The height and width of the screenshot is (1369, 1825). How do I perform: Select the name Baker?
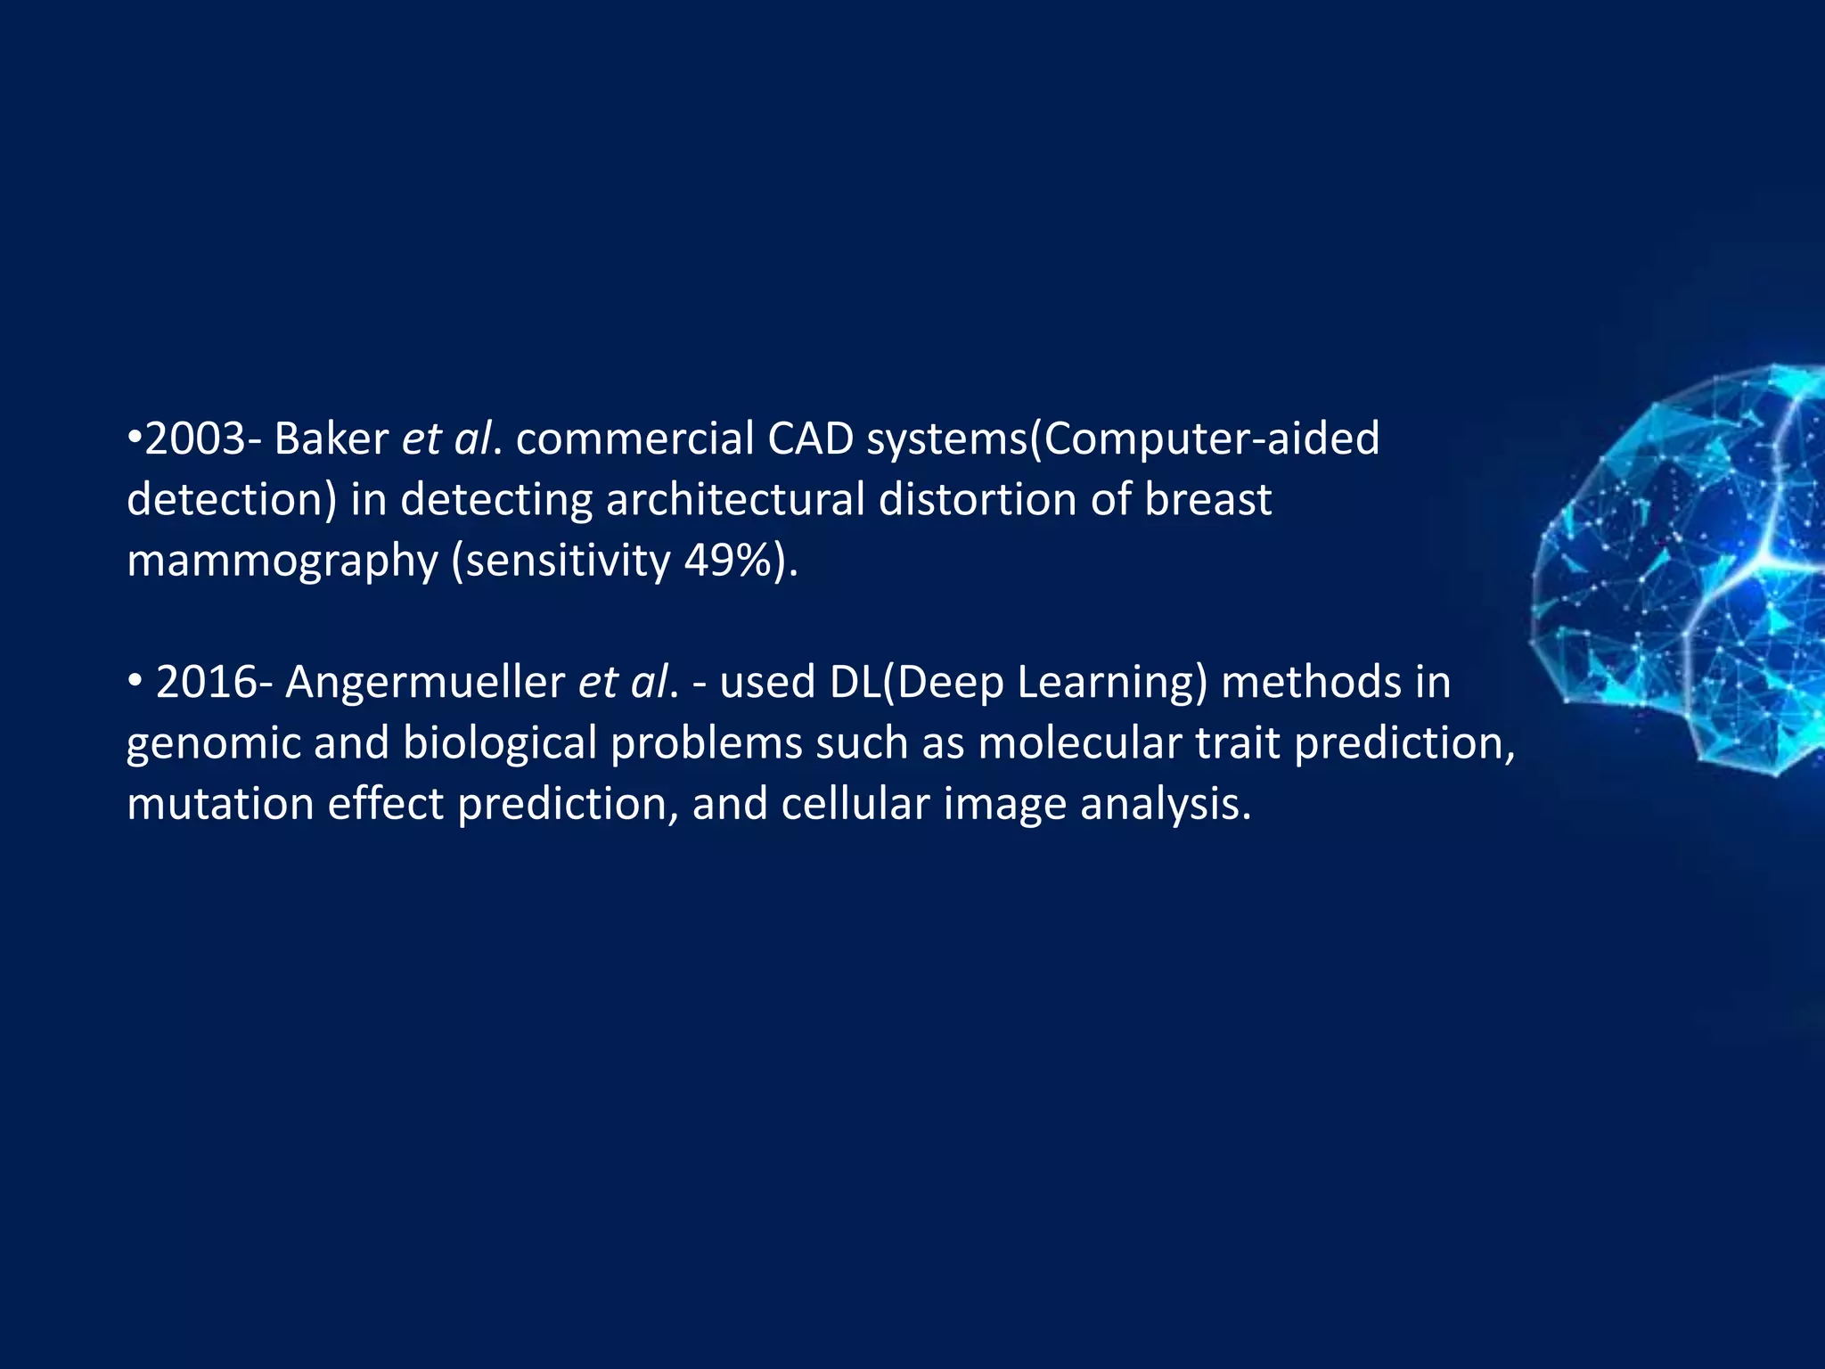pos(331,439)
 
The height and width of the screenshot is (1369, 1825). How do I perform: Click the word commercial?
pos(634,439)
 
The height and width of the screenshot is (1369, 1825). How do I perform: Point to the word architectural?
pos(735,499)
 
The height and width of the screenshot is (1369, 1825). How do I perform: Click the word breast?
pos(1207,499)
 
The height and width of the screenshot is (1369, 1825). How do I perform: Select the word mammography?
pos(282,562)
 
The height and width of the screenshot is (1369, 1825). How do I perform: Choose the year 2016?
pos(209,683)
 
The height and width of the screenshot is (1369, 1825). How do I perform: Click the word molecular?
pos(1079,743)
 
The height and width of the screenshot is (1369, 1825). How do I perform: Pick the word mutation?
pos(220,804)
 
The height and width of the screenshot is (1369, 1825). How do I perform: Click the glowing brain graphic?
pos(1684,570)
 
